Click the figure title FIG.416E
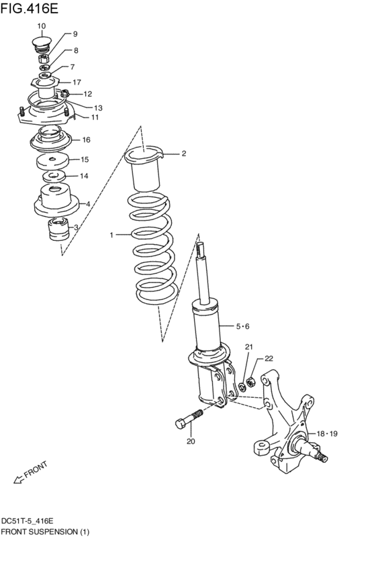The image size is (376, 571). click(29, 8)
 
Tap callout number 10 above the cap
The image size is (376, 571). click(42, 26)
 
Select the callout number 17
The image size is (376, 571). click(77, 83)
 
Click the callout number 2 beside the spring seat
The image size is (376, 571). click(183, 154)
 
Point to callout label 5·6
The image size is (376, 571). click(242, 326)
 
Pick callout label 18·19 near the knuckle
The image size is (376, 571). click(327, 433)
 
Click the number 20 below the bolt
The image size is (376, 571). click(191, 442)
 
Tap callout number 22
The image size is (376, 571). click(269, 359)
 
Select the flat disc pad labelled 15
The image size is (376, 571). click(52, 161)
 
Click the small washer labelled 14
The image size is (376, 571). click(54, 177)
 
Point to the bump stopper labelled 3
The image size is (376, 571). click(58, 229)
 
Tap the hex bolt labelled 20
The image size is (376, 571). click(189, 419)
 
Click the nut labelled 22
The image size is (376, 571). click(250, 382)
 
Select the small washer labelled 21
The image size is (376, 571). click(242, 386)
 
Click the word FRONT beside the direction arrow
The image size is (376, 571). click(36, 470)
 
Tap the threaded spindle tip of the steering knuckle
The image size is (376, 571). click(322, 457)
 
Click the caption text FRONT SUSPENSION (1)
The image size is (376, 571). click(45, 531)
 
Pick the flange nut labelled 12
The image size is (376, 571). click(64, 93)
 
